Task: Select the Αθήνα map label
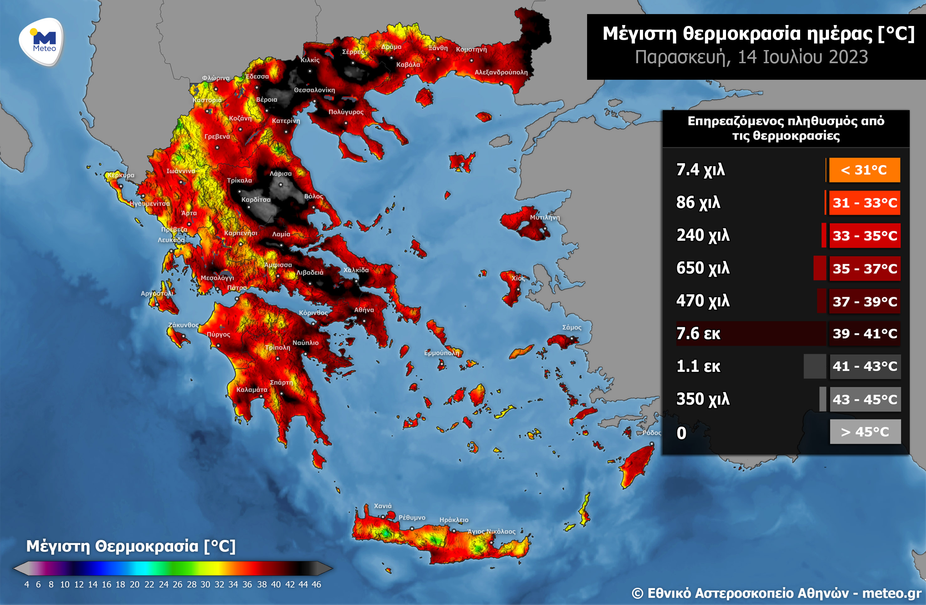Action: (x=364, y=310)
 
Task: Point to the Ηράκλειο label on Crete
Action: (x=454, y=520)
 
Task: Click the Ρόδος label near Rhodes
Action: (x=651, y=433)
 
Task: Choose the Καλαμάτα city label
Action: (x=252, y=389)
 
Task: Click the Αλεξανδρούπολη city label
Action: (x=501, y=72)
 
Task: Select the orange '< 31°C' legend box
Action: (x=864, y=170)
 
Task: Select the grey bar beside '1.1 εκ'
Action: (x=814, y=366)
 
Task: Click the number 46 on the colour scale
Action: (x=316, y=584)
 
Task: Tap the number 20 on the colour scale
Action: (x=135, y=584)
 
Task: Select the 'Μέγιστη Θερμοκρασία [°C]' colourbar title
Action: (x=131, y=546)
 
